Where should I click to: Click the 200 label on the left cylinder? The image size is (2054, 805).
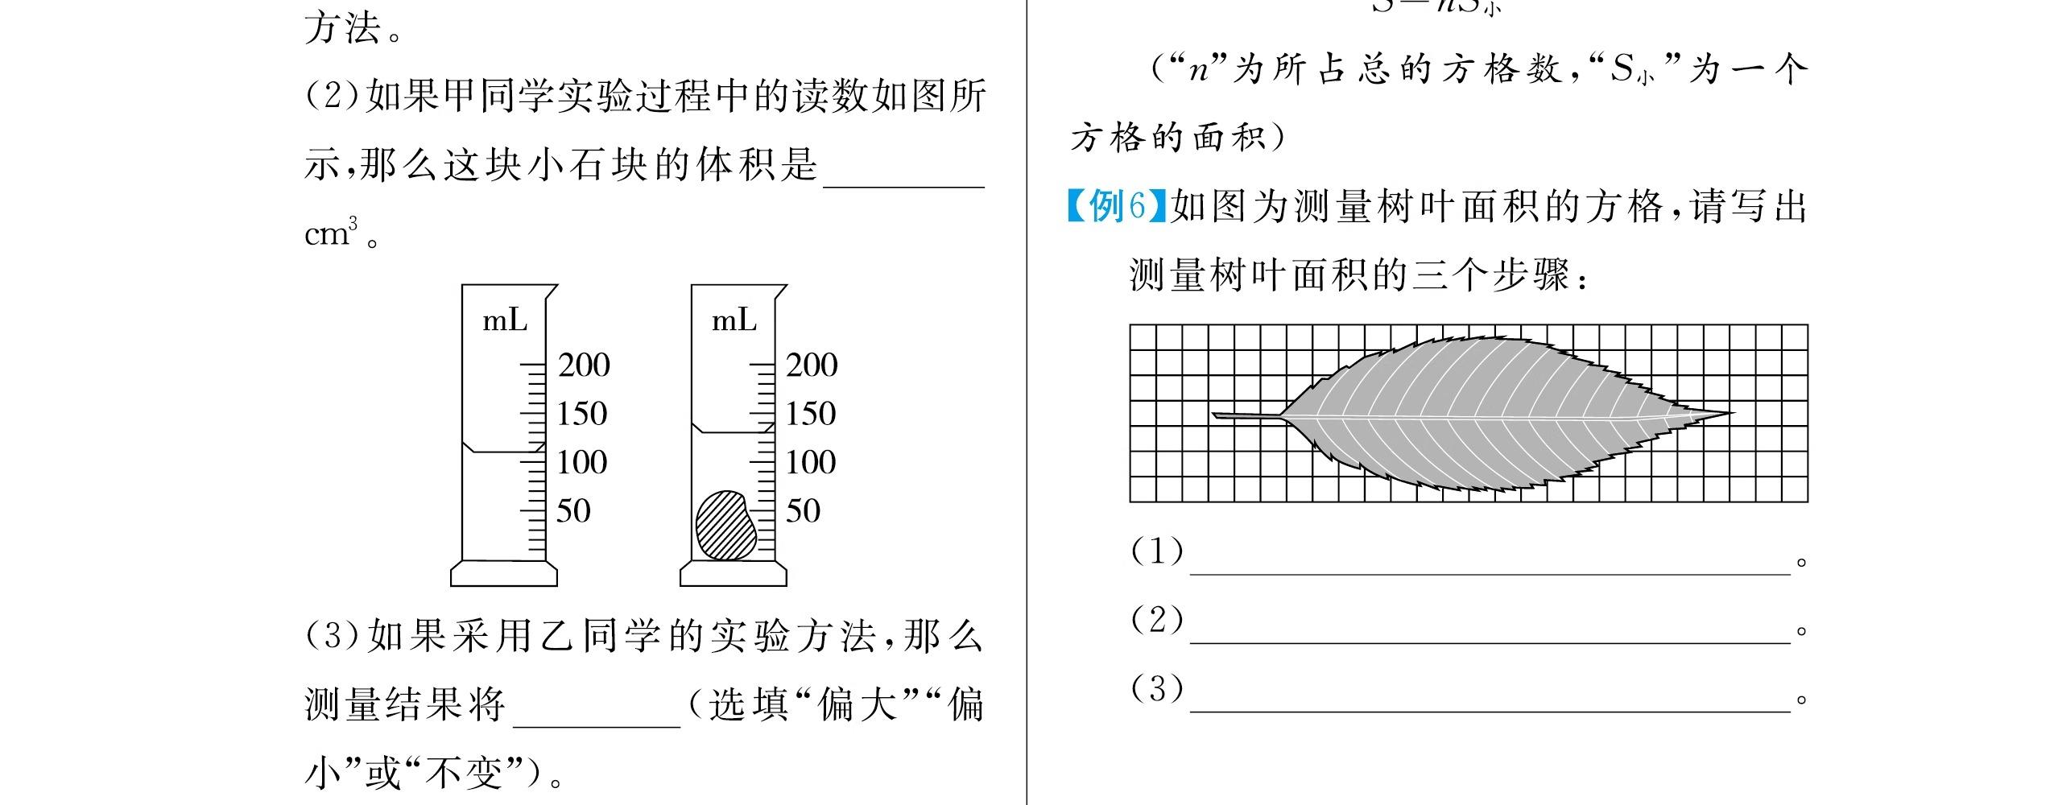pyautogui.click(x=584, y=365)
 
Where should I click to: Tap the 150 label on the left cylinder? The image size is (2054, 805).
pyautogui.click(x=582, y=414)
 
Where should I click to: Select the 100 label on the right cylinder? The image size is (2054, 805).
pyautogui.click(x=811, y=462)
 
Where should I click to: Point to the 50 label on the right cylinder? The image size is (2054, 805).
pyautogui.click(x=803, y=511)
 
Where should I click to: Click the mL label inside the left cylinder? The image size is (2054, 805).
pyautogui.click(x=505, y=321)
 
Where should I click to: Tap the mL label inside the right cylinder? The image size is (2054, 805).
pyautogui.click(x=734, y=321)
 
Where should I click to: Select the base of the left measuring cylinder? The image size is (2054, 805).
pyautogui.click(x=503, y=573)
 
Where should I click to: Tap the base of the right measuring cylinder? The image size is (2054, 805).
pyautogui.click(x=733, y=573)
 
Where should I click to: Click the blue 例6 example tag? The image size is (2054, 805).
pyautogui.click(x=1116, y=206)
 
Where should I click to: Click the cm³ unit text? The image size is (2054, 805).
pyautogui.click(x=331, y=233)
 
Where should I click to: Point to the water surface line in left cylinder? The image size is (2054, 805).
pyautogui.click(x=499, y=452)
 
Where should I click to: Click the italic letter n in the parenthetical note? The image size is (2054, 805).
pyautogui.click(x=1199, y=70)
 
